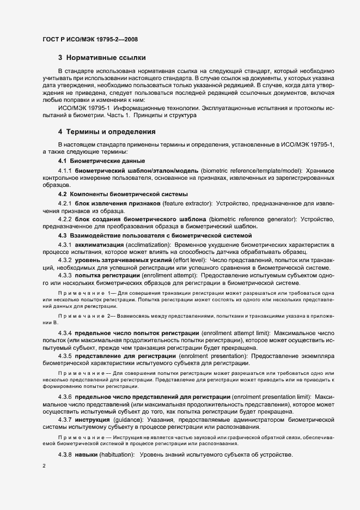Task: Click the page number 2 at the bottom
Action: (44, 467)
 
